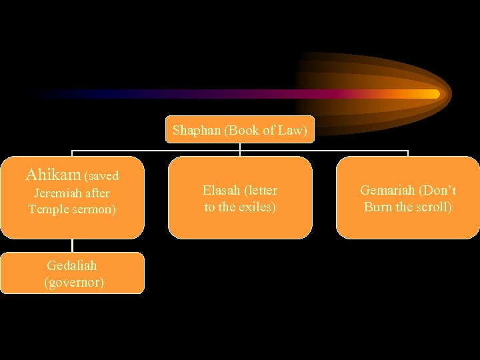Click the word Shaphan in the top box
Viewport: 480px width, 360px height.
tap(197, 131)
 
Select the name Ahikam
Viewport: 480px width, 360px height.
tap(53, 175)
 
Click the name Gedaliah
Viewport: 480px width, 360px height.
tap(72, 266)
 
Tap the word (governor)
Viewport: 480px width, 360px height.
tap(73, 282)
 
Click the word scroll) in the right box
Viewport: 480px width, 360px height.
tap(431, 207)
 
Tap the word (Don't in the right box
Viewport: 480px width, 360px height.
tap(438, 191)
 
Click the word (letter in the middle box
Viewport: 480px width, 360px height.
tap(261, 191)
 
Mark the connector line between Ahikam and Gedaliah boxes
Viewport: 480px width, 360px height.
tap(72, 245)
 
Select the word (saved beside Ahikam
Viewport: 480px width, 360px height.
tap(101, 176)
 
